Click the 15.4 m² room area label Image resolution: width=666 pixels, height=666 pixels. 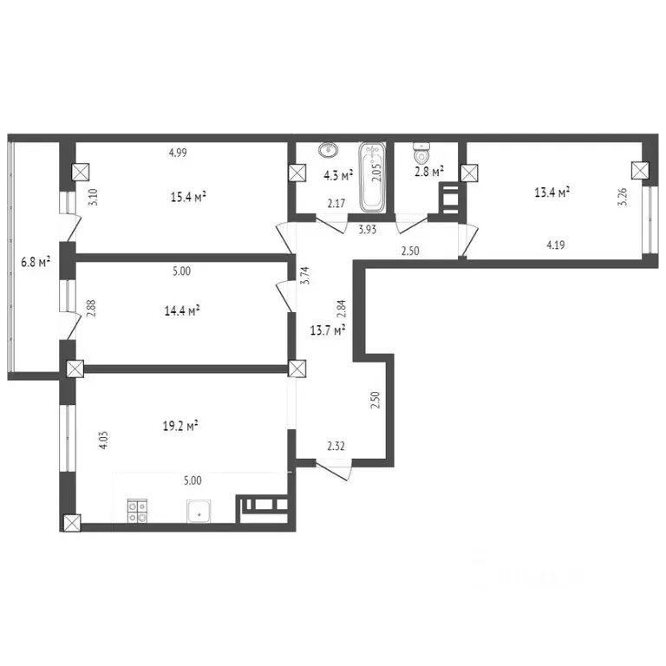[x=188, y=197]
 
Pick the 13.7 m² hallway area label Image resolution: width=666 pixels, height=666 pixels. [x=329, y=330]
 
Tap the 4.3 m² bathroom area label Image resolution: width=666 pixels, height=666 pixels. [x=338, y=176]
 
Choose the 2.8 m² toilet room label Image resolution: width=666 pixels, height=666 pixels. [x=429, y=172]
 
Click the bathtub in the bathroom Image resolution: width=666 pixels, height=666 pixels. [x=374, y=178]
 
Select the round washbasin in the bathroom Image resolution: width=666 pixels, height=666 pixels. [x=329, y=151]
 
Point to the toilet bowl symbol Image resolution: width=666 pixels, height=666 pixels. [x=420, y=153]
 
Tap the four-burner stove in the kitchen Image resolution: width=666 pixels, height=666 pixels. [x=138, y=512]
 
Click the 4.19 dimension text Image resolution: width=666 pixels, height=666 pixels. [x=557, y=245]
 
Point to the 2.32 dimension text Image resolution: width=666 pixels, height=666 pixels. [x=336, y=447]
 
